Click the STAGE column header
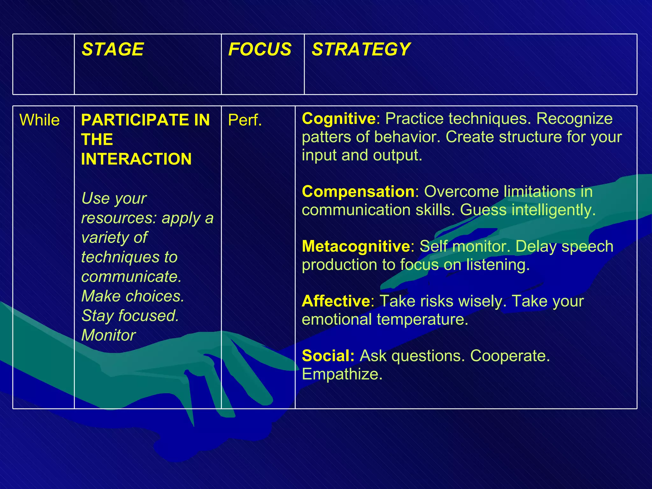[113, 49]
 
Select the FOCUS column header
[260, 49]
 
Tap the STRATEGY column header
[361, 49]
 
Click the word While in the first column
[39, 120]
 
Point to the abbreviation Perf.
[245, 120]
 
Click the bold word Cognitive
[338, 118]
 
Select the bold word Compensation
[358, 192]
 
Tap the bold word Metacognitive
[356, 246]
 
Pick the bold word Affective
[336, 301]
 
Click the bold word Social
[328, 356]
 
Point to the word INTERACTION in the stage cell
[136, 159]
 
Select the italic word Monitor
[108, 335]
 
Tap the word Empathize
[342, 374]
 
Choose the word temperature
[422, 319]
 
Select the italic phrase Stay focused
[130, 316]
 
